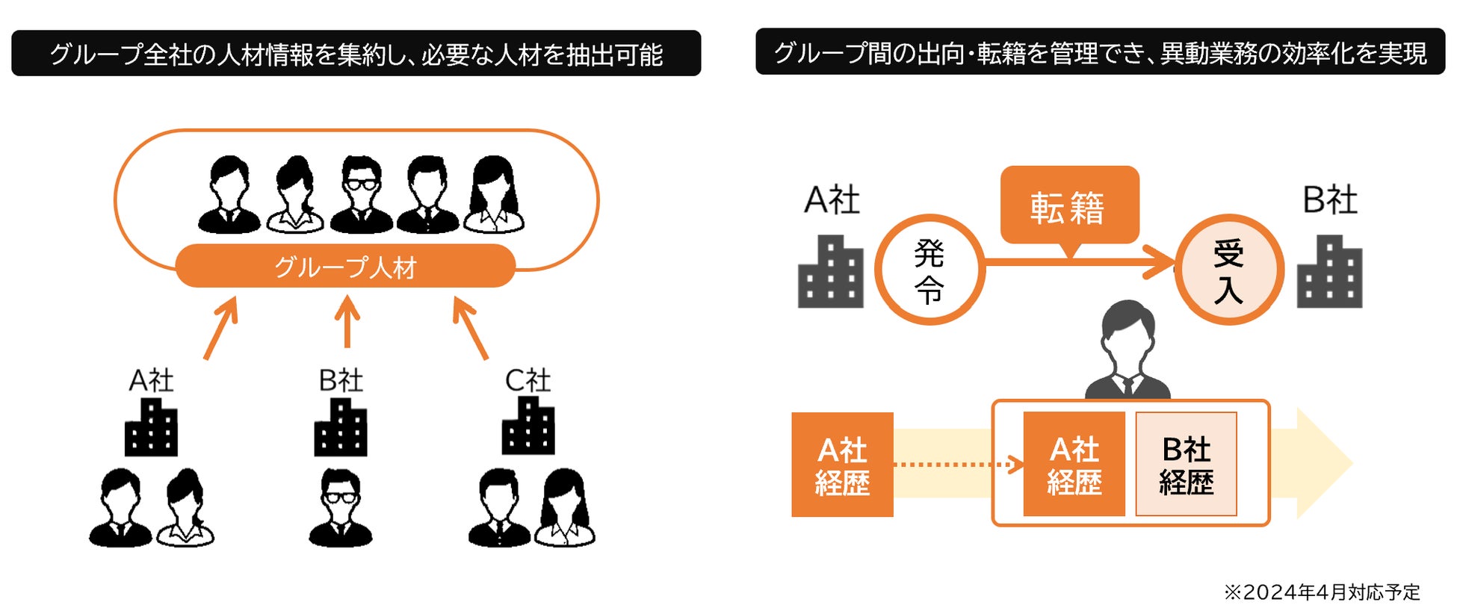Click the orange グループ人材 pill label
tap(345, 267)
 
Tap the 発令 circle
tap(929, 270)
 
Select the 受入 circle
tap(1228, 270)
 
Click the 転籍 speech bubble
tap(1068, 205)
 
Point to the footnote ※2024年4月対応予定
tap(1321, 592)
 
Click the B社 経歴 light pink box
tap(1186, 465)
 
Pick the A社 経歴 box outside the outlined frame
tap(842, 465)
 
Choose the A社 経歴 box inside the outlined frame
tap(1074, 465)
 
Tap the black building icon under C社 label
tap(528, 426)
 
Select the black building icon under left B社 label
tap(341, 427)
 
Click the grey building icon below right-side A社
tap(830, 272)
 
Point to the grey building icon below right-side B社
tap(1329, 272)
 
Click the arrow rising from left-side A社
tap(221, 328)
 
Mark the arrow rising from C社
tap(470, 328)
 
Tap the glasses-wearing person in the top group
tap(361, 194)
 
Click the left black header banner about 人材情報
tap(356, 54)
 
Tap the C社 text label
tap(528, 381)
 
